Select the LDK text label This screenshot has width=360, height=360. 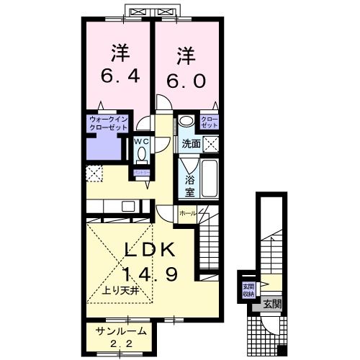pos(149,249)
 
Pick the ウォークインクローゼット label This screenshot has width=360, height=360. pos(108,122)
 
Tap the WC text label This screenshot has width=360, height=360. pos(140,141)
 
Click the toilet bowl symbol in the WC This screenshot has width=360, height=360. pos(140,153)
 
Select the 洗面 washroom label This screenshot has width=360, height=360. pos(191,143)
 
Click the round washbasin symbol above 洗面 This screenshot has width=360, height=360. pos(186,122)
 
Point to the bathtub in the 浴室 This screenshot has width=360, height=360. pos(209,176)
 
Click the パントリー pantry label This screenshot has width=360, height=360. pos(140,174)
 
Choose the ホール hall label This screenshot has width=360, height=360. pos(186,213)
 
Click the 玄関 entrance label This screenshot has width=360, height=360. pos(271,304)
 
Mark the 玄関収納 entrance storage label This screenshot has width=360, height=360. pos(248,289)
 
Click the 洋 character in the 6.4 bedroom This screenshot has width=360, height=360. pos(120,53)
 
